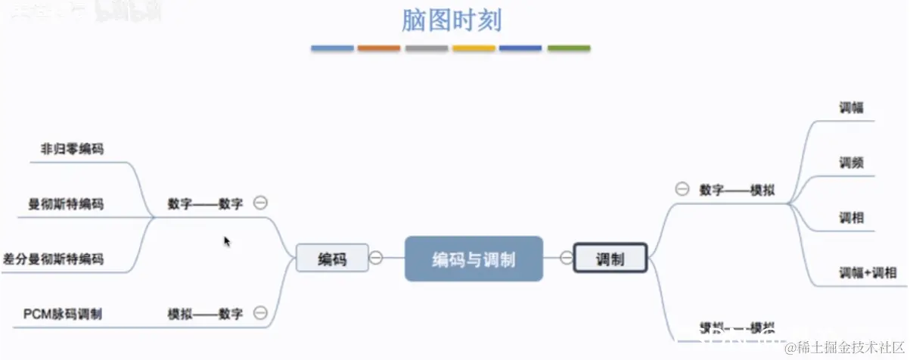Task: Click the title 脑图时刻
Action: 451,20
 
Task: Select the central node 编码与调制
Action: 474,259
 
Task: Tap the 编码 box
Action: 332,259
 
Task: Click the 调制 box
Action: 610,259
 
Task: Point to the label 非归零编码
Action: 72,149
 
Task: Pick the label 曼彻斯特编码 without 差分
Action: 66,204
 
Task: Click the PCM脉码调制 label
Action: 63,314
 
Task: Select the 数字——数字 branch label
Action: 206,203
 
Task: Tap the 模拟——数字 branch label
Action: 206,314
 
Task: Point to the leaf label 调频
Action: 851,163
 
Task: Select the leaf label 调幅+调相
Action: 868,272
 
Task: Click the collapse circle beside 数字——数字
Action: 260,203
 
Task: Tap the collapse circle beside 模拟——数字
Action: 260,313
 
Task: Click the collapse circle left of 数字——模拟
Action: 682,189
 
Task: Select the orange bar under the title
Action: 379,48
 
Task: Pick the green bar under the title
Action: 569,48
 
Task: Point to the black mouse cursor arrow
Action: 227,241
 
